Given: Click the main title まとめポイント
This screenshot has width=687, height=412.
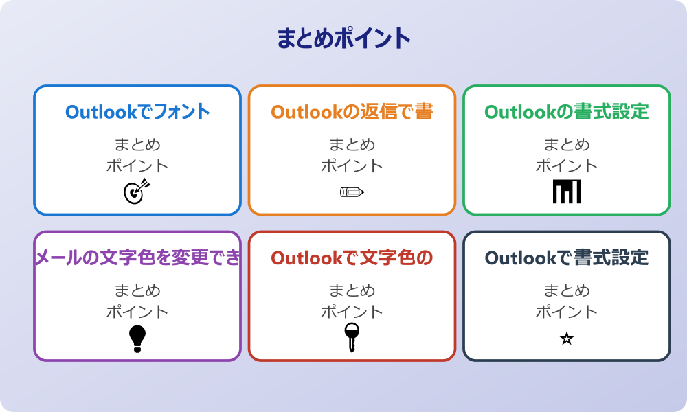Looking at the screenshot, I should pos(343,38).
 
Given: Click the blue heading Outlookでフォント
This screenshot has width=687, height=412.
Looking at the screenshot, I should pos(137,112).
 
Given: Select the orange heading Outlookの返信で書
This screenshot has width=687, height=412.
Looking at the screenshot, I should pos(352,112).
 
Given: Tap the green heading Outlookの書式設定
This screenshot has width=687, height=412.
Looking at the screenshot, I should pos(567,112).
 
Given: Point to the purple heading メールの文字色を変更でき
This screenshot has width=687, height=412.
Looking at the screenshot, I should pos(137,258).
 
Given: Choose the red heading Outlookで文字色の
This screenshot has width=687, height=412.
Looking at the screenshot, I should pos(352,258).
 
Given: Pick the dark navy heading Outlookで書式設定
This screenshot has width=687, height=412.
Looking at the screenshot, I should pos(567,258).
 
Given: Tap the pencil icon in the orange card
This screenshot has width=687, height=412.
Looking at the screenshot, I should pos(352,192).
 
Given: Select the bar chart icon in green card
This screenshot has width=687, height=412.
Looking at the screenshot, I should pos(567,192).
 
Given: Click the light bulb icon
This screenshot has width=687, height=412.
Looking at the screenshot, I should pos(137,339).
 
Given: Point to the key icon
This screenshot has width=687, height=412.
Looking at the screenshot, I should pos(352,337).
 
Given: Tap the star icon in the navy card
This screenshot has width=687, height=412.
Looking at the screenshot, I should pos(567,339).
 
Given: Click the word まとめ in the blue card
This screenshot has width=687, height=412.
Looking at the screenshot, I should pos(137,145).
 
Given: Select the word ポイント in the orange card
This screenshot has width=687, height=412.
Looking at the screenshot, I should pos(352,165).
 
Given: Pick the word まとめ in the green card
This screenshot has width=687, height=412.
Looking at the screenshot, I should pos(567,145).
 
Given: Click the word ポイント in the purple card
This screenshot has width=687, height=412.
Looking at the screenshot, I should pos(137,312).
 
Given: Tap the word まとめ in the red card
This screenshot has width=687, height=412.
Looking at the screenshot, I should pos(352,291).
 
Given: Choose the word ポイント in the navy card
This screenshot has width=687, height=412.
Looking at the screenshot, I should pos(567,312).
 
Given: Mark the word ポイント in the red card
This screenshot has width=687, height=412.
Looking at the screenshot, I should pos(352,312).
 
